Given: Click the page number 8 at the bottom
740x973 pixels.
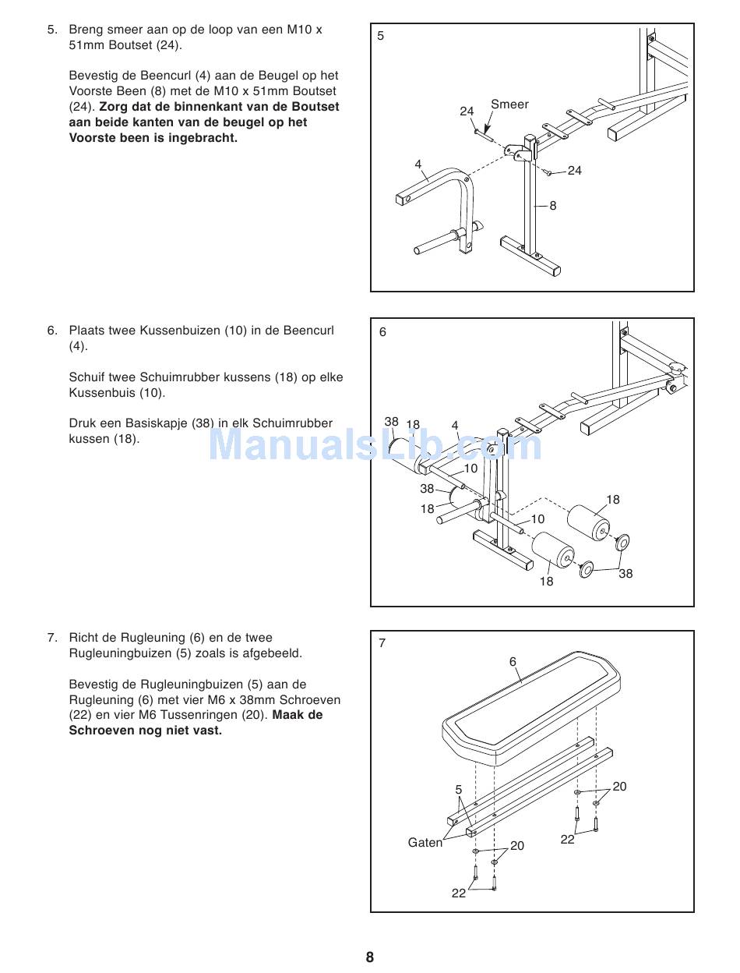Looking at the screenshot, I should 370,957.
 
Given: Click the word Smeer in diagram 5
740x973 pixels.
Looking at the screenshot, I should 509,104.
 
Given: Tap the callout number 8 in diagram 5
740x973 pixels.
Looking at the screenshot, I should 553,206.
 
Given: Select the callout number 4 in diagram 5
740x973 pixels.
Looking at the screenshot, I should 418,165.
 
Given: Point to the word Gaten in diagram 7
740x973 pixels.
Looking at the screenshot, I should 425,843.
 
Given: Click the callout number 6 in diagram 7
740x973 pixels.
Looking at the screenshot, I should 513,662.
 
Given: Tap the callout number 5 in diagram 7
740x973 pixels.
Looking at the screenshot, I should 459,790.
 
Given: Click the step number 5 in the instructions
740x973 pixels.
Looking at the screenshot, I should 52,30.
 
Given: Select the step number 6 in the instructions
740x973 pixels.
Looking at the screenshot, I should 52,331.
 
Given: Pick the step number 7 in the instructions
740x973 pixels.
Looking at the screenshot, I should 52,638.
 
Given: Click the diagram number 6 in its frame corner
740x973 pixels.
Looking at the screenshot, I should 382,332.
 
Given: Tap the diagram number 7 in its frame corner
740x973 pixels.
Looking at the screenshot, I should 382,643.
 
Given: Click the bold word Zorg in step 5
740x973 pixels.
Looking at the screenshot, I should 115,107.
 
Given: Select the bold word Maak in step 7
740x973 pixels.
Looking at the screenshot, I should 288,715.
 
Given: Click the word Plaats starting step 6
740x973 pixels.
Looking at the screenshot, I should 87,331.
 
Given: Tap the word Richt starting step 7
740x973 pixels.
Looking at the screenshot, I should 85,638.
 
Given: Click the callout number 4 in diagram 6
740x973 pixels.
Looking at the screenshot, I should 455,426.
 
